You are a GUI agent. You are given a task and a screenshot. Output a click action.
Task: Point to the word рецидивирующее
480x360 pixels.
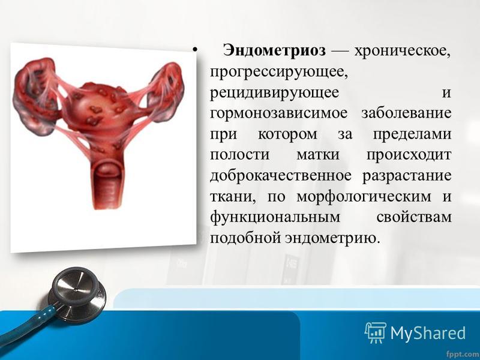275,93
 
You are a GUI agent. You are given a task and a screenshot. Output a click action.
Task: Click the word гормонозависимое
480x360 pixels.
278,113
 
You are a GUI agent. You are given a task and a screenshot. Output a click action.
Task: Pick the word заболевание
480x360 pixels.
407,113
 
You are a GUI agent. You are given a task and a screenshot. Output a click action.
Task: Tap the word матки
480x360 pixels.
318,154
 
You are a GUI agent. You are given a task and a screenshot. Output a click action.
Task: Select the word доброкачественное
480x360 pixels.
281,175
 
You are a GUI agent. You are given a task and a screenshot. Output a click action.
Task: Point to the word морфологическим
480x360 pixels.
364,197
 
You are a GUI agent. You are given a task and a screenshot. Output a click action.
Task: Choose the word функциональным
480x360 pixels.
275,217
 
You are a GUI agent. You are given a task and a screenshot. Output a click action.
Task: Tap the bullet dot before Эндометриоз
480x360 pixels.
194,50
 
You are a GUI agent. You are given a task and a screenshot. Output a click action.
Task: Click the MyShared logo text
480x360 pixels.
428,334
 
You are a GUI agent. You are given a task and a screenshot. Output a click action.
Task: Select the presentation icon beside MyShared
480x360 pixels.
376,332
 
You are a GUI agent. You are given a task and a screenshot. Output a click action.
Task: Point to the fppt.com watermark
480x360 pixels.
463,355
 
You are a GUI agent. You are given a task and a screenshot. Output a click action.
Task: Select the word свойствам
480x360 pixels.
414,217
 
